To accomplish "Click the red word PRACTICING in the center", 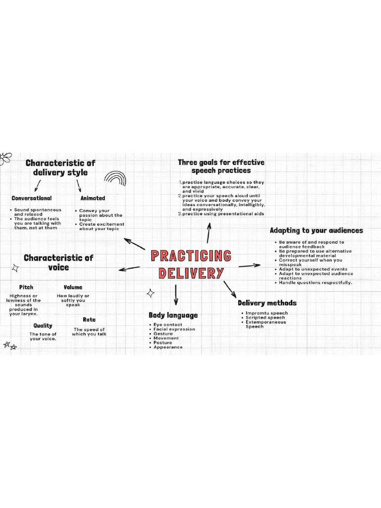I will [191, 256].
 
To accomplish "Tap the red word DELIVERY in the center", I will [191, 273].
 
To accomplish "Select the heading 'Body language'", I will [173, 315].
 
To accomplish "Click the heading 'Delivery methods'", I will [267, 303].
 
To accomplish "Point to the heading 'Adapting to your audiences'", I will [316, 230].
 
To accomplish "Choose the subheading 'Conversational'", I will [32, 198].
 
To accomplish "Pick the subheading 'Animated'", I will [93, 198].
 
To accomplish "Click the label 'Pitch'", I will [26, 287].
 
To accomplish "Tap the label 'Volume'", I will [73, 287].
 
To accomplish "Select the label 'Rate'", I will [89, 319].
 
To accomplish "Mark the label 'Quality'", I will [43, 325].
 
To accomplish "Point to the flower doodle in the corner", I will [5, 158].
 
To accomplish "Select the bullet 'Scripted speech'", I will [265, 317].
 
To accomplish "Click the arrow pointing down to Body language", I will [175, 295].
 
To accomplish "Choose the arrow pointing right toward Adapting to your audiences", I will [250, 265].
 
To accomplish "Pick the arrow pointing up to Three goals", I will [209, 232].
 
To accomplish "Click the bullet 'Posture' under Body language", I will [163, 343].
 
